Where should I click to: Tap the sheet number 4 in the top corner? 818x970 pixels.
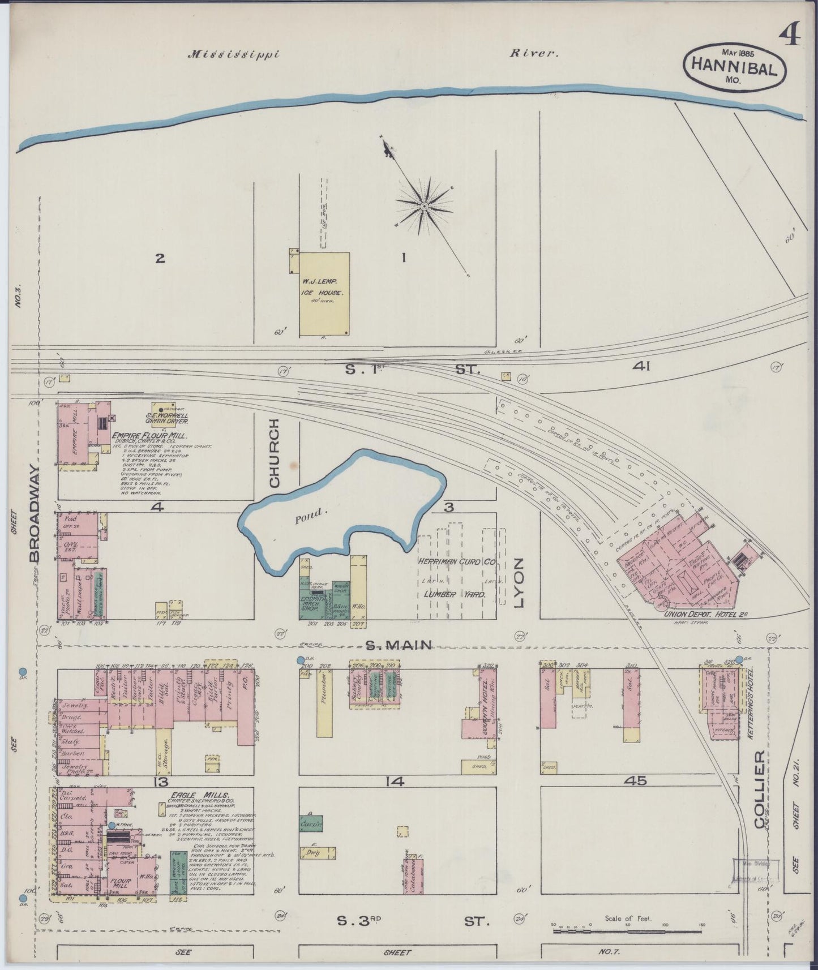[789, 36]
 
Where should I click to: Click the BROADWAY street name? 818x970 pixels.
[35, 514]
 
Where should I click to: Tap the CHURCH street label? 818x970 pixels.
[275, 453]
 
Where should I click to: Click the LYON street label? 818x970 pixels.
[519, 583]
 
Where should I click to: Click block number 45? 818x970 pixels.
[635, 782]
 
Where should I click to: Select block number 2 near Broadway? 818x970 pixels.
[160, 259]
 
